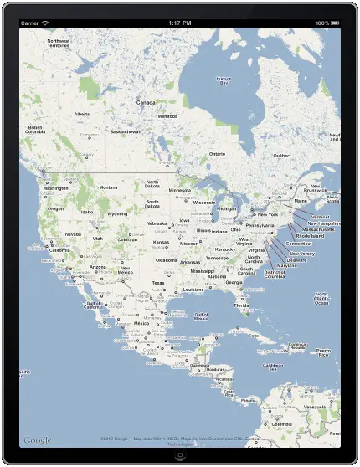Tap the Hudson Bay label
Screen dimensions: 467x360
(224, 80)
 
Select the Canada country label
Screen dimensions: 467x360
(146, 102)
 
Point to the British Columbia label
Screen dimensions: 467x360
(34, 131)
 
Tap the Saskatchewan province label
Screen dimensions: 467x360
(125, 131)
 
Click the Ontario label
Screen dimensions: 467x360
(217, 154)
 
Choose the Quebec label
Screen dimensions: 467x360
(281, 155)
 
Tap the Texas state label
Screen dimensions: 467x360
(157, 283)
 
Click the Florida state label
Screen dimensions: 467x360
(241, 305)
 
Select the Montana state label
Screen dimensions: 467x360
(108, 187)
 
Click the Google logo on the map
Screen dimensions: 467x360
(38, 440)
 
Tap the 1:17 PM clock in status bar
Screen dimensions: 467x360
(179, 23)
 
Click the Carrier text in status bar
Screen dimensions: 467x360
(29, 23)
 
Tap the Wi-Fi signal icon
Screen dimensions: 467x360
(45, 23)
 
